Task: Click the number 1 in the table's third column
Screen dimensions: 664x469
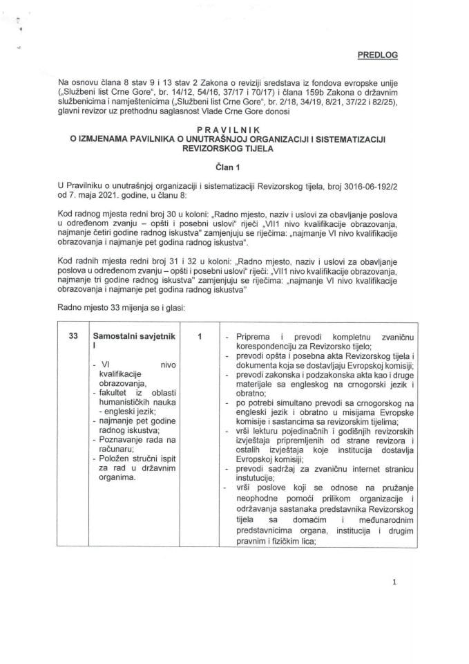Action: click(x=199, y=336)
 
